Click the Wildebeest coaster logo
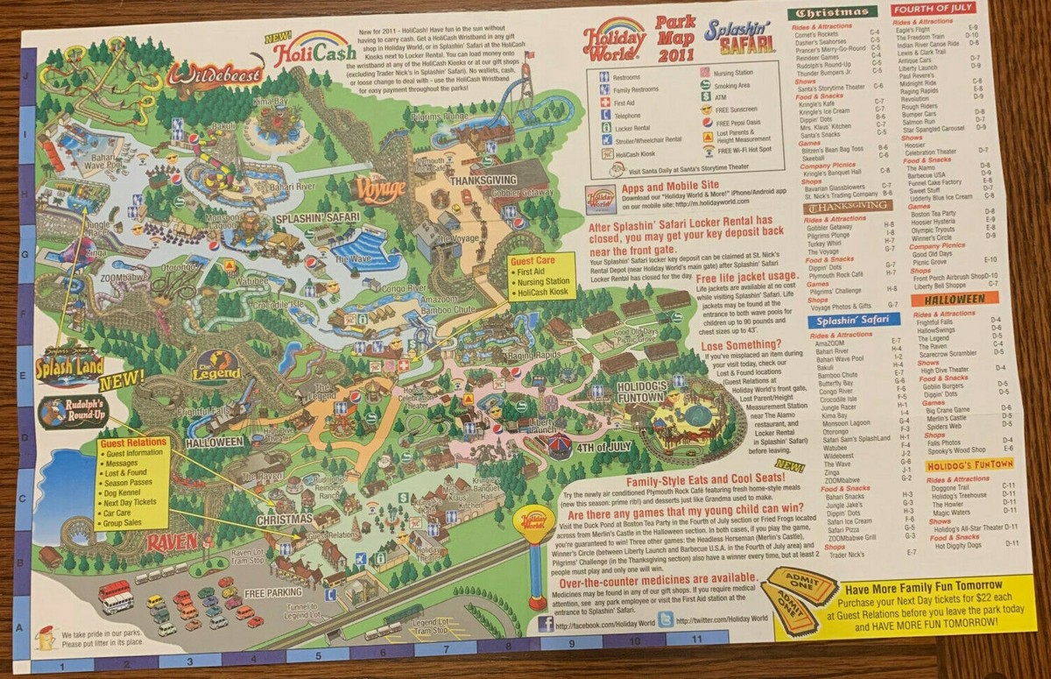[214, 74]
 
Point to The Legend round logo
[215, 365]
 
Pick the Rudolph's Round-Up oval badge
[74, 413]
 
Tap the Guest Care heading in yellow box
[542, 260]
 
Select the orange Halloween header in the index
[955, 300]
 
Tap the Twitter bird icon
[666, 619]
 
